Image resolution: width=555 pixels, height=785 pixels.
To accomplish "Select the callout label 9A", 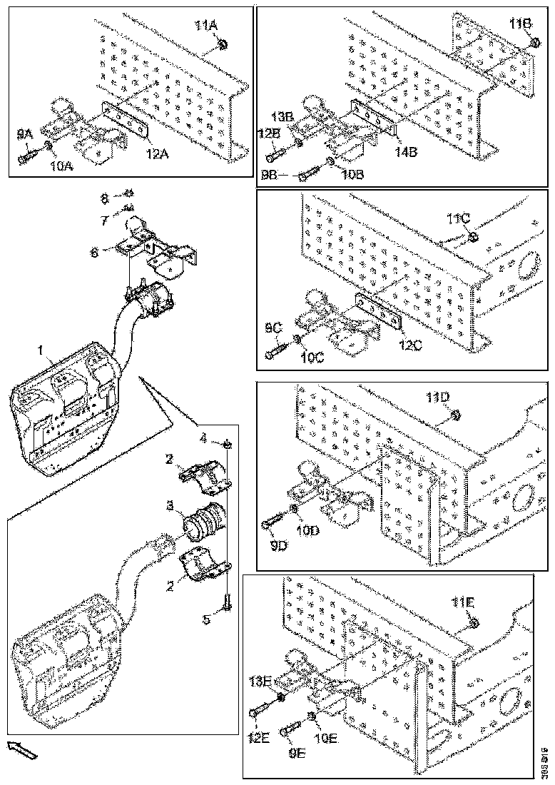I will (26, 133).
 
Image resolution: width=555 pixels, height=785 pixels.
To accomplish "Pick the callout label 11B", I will (521, 24).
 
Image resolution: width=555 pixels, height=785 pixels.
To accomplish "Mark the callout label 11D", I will (437, 397).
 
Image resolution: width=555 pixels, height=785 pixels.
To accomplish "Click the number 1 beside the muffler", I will (41, 350).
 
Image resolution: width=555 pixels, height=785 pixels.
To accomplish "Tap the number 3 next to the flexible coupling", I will (169, 505).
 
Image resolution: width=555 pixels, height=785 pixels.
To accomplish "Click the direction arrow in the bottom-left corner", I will (21, 749).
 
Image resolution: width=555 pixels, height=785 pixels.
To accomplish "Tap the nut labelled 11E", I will (474, 625).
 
